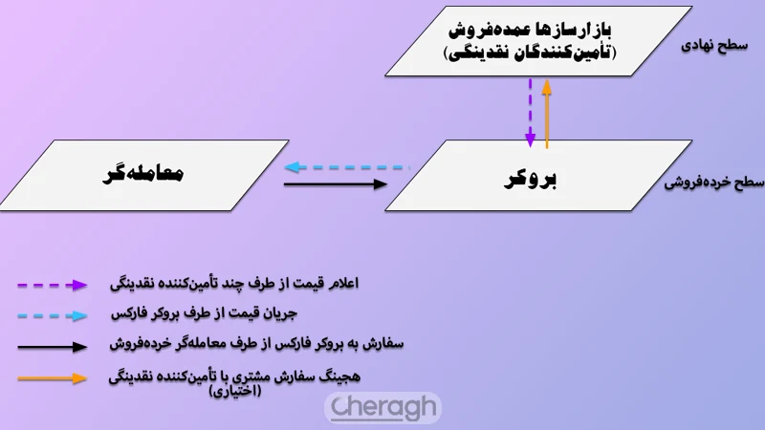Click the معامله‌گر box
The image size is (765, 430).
143,175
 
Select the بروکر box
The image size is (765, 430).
538,176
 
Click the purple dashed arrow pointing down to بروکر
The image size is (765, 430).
531,109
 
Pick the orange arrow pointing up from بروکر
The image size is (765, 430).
547,113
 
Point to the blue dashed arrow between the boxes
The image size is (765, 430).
346,166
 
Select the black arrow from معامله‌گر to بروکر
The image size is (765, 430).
337,183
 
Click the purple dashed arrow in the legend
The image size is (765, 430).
53,285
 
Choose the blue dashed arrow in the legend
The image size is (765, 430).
53,314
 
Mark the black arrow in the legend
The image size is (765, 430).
53,345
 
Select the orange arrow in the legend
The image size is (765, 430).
53,377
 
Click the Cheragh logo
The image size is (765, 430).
382,407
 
